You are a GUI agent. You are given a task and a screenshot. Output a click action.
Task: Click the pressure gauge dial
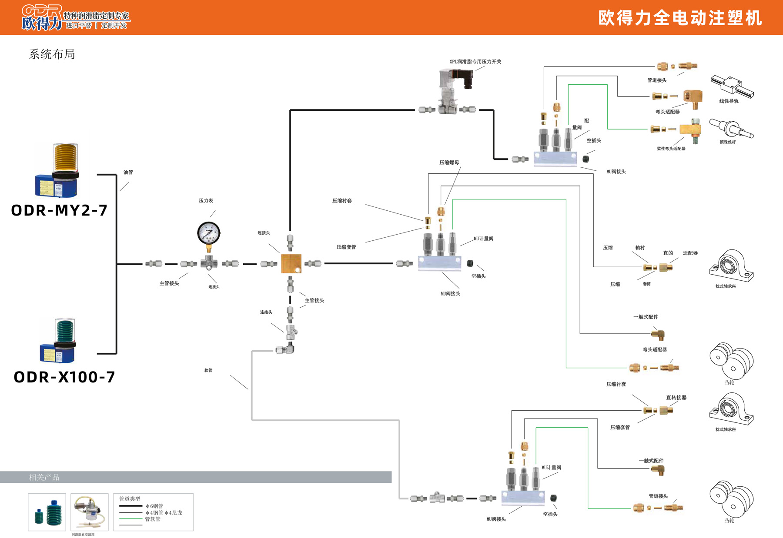click(x=209, y=233)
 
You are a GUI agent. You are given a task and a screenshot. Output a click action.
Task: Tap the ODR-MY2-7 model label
click(x=59, y=210)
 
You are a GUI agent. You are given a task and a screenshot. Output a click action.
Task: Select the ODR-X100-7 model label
click(x=64, y=377)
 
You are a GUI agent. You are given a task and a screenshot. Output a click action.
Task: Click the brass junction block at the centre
click(x=291, y=264)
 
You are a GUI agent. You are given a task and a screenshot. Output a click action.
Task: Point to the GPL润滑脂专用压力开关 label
click(x=475, y=62)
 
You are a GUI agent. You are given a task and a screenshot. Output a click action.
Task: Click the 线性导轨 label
click(x=729, y=101)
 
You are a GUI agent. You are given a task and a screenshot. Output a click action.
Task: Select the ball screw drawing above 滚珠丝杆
click(x=731, y=128)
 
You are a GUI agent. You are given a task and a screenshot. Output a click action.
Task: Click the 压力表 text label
click(x=206, y=201)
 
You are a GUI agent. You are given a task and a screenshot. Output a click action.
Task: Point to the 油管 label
click(x=128, y=173)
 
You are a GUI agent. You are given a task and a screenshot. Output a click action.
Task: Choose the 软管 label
click(x=208, y=370)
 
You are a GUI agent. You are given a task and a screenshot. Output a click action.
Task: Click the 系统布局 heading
click(x=52, y=54)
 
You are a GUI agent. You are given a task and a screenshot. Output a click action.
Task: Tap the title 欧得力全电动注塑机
click(x=680, y=18)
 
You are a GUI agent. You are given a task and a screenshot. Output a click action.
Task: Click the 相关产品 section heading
click(x=44, y=477)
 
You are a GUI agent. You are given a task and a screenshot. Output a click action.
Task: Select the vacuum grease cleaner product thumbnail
click(x=89, y=512)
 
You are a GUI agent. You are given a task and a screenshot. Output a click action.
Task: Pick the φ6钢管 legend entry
click(x=154, y=506)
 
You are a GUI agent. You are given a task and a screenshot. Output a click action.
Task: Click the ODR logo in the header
click(x=42, y=17)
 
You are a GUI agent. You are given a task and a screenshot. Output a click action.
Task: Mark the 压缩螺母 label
click(x=449, y=163)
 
